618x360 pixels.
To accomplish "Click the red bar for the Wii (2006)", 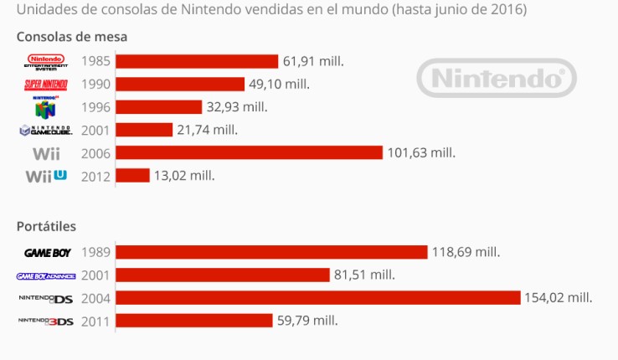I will coord(249,152).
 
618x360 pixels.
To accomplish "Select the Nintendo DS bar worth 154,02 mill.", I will coord(317,298).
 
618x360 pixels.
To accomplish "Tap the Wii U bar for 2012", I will coord(132,176).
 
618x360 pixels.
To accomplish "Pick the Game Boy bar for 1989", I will coord(271,252).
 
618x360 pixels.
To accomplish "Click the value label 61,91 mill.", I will coord(313,61).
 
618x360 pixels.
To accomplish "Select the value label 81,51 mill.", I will coord(364,275).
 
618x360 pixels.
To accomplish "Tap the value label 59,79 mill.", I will coord(307,321).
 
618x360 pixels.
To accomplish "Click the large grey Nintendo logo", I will coord(496,80).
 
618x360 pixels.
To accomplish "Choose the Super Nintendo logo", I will coord(48,84).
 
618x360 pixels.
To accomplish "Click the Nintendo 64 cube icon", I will coord(48,107).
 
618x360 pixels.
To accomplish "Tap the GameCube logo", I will coord(48,130).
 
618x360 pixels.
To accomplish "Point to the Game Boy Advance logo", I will coord(47,275).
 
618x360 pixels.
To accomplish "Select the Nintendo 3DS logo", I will coord(47,321).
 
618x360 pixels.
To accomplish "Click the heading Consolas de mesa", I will coord(71,38).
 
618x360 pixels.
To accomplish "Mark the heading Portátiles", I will coord(46,226).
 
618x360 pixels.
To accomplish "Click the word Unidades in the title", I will coord(44,10).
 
